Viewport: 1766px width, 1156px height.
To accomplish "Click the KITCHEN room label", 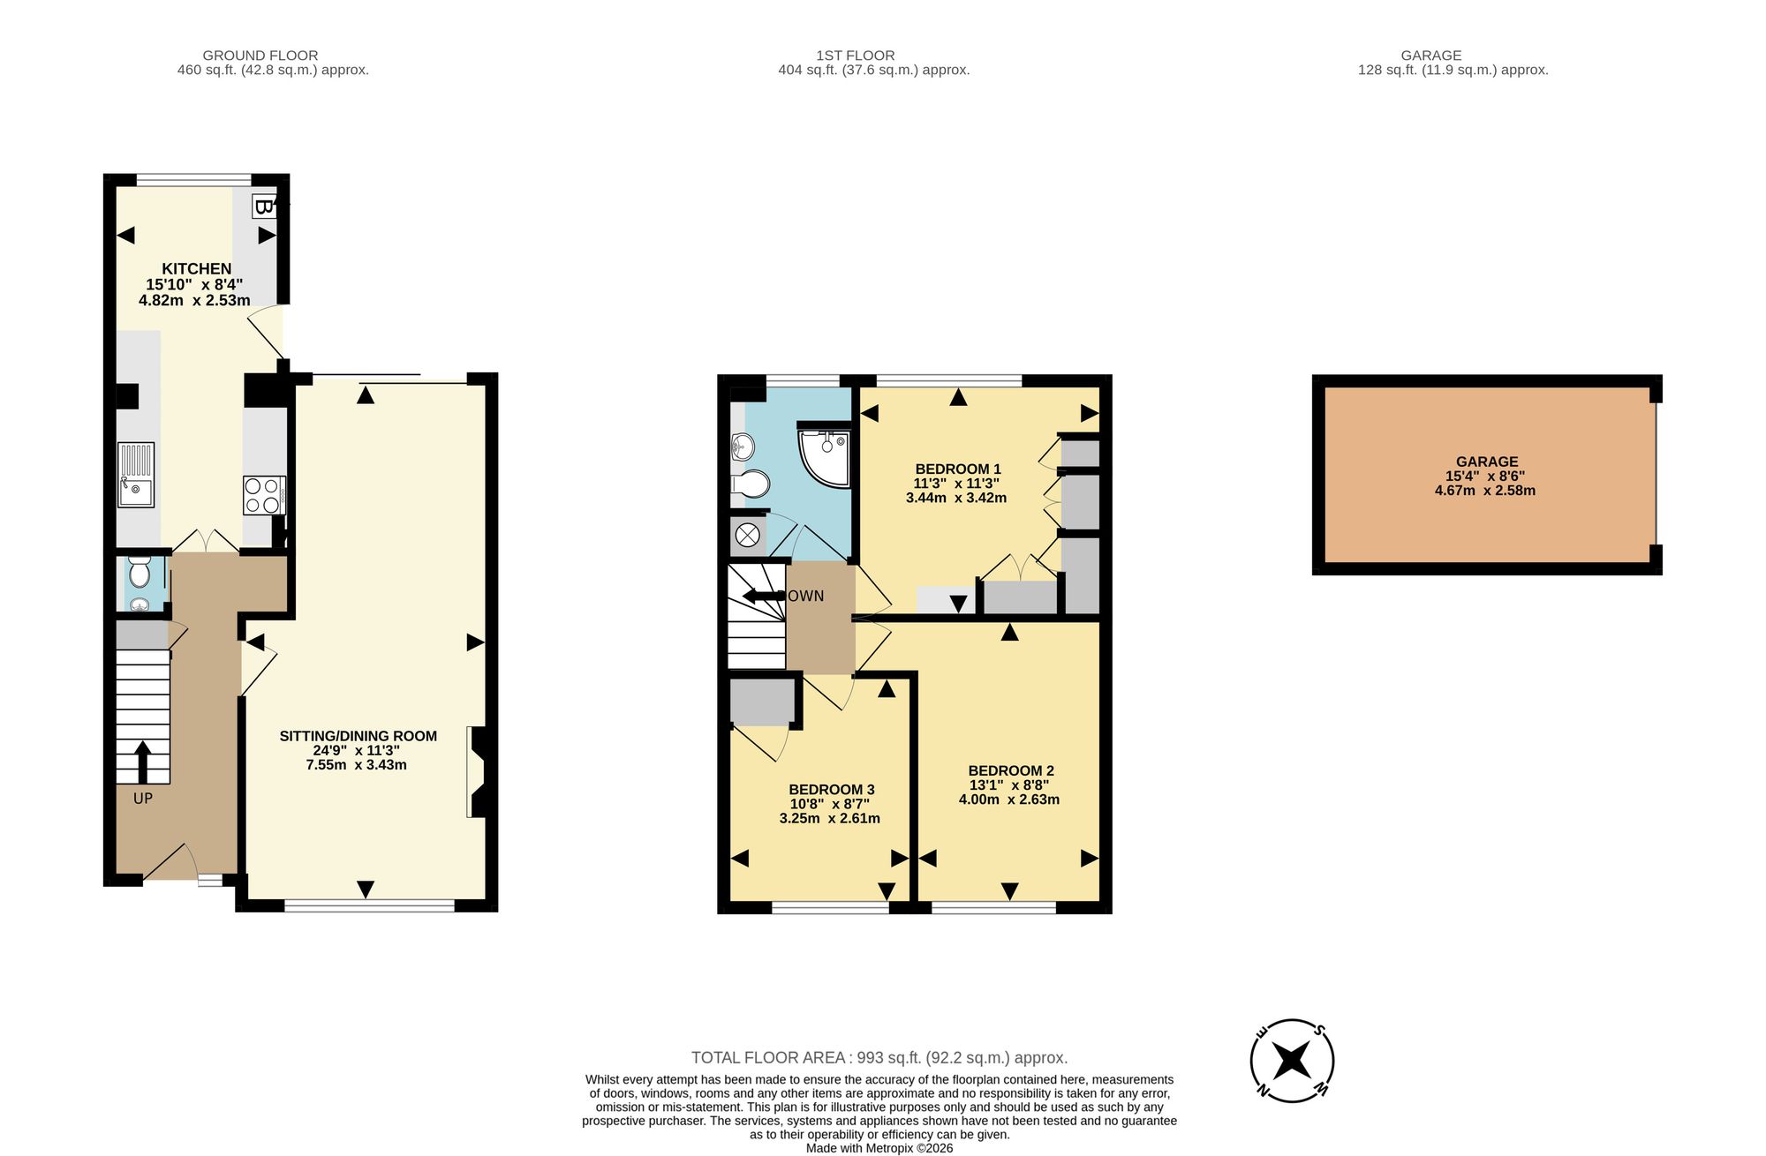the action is [x=197, y=269].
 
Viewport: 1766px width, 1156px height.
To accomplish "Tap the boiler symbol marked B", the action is [x=263, y=206].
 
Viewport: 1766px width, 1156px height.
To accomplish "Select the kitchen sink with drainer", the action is [x=136, y=475].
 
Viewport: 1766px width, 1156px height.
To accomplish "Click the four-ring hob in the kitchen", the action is [x=264, y=495].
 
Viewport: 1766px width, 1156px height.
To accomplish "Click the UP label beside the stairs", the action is [x=143, y=799].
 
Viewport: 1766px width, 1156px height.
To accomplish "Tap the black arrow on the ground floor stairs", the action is [x=142, y=762].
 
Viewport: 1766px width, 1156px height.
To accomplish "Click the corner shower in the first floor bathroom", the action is [x=825, y=457].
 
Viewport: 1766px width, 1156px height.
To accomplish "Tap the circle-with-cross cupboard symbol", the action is [x=748, y=535].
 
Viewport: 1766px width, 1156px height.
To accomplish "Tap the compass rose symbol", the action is [x=1292, y=1061].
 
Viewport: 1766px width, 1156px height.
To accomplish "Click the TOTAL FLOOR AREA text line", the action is [x=879, y=1057].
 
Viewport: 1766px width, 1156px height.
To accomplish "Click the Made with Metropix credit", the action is [x=879, y=1148].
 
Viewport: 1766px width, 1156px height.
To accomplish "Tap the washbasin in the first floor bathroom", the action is [x=741, y=447].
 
